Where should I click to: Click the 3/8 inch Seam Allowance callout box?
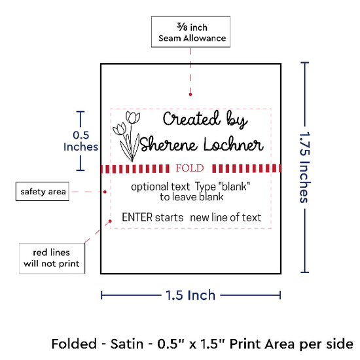pos(190,31)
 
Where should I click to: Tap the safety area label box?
pos(43,191)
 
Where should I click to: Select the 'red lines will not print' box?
pos(52,259)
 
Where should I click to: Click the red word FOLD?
pos(190,168)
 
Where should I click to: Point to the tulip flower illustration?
pos(126,136)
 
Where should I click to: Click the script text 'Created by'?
pos(205,119)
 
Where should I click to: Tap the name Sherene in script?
pos(168,144)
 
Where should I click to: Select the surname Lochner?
pos(234,144)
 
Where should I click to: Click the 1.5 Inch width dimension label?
pos(190,295)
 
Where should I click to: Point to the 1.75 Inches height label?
pos(304,168)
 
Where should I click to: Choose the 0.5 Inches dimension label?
pos(81,141)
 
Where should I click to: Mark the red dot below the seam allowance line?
pos(190,94)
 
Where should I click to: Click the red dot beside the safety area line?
pos(105,192)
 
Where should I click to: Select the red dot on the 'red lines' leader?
pos(110,221)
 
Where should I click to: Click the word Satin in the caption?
pos(127,344)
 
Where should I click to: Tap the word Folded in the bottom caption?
pos(74,344)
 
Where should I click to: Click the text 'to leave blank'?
pos(192,197)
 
